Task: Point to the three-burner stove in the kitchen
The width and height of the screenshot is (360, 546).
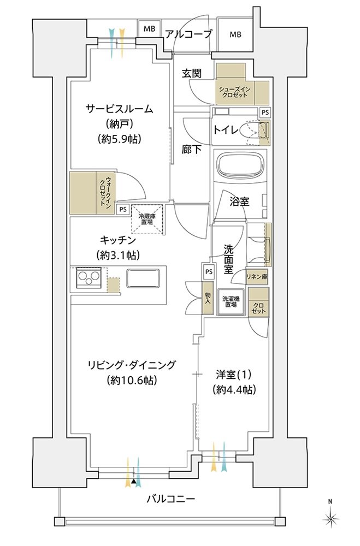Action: tap(88, 278)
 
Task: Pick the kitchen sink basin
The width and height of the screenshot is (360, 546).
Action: tap(143, 278)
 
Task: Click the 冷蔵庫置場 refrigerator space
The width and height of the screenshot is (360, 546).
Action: tap(147, 219)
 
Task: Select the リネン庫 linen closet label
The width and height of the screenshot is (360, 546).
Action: tap(257, 277)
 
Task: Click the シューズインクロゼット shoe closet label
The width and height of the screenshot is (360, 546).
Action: tap(234, 92)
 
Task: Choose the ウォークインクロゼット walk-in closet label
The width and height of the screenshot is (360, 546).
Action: tap(105, 193)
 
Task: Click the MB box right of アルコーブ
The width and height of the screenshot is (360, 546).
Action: tap(235, 34)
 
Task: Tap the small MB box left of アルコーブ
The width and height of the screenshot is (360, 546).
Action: tap(149, 29)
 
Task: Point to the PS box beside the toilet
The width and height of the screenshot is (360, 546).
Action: tap(265, 112)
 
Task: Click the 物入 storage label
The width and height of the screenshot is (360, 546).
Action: tap(208, 299)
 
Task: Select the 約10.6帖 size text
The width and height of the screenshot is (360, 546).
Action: tap(132, 380)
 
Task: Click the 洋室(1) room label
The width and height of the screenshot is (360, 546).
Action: tap(233, 375)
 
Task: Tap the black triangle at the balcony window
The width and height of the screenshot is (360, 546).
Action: tap(134, 482)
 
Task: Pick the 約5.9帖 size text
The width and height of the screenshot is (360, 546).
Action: tap(120, 139)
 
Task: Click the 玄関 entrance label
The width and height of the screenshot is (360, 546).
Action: tap(192, 74)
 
